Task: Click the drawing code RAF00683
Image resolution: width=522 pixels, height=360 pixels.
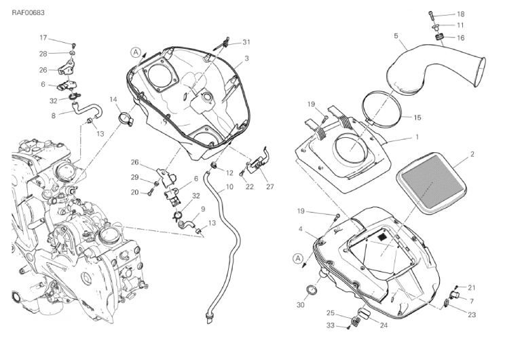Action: pos(28,13)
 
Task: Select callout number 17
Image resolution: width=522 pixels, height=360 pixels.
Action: pos(43,37)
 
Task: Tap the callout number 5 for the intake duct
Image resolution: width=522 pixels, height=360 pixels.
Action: pos(396,35)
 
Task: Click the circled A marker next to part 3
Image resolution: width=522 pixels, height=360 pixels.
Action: pos(136,52)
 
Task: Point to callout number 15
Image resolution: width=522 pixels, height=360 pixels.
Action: pos(417,118)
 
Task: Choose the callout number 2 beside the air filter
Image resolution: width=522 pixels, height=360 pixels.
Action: pos(472,154)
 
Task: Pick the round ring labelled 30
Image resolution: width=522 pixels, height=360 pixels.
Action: pos(311,289)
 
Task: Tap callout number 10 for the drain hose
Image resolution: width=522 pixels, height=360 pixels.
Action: pos(229,187)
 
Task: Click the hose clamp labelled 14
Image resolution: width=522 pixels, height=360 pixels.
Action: pos(126,120)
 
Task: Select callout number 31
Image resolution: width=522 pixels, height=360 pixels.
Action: pos(246,42)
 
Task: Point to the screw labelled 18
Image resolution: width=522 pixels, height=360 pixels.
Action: pos(432,14)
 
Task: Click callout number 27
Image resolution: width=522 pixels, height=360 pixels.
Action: pos(269,187)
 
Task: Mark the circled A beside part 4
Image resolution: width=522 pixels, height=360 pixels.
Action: pos(298,258)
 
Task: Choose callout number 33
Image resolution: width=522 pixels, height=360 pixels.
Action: pos(331,325)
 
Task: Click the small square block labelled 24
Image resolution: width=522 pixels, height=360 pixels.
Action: pos(364,314)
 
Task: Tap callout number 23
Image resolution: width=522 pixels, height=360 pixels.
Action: pos(472,314)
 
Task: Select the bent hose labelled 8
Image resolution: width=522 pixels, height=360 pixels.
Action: pos(86,110)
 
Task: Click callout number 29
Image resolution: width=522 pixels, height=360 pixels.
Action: pos(134,177)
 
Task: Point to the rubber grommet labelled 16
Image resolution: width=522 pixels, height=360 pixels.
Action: pos(439,36)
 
